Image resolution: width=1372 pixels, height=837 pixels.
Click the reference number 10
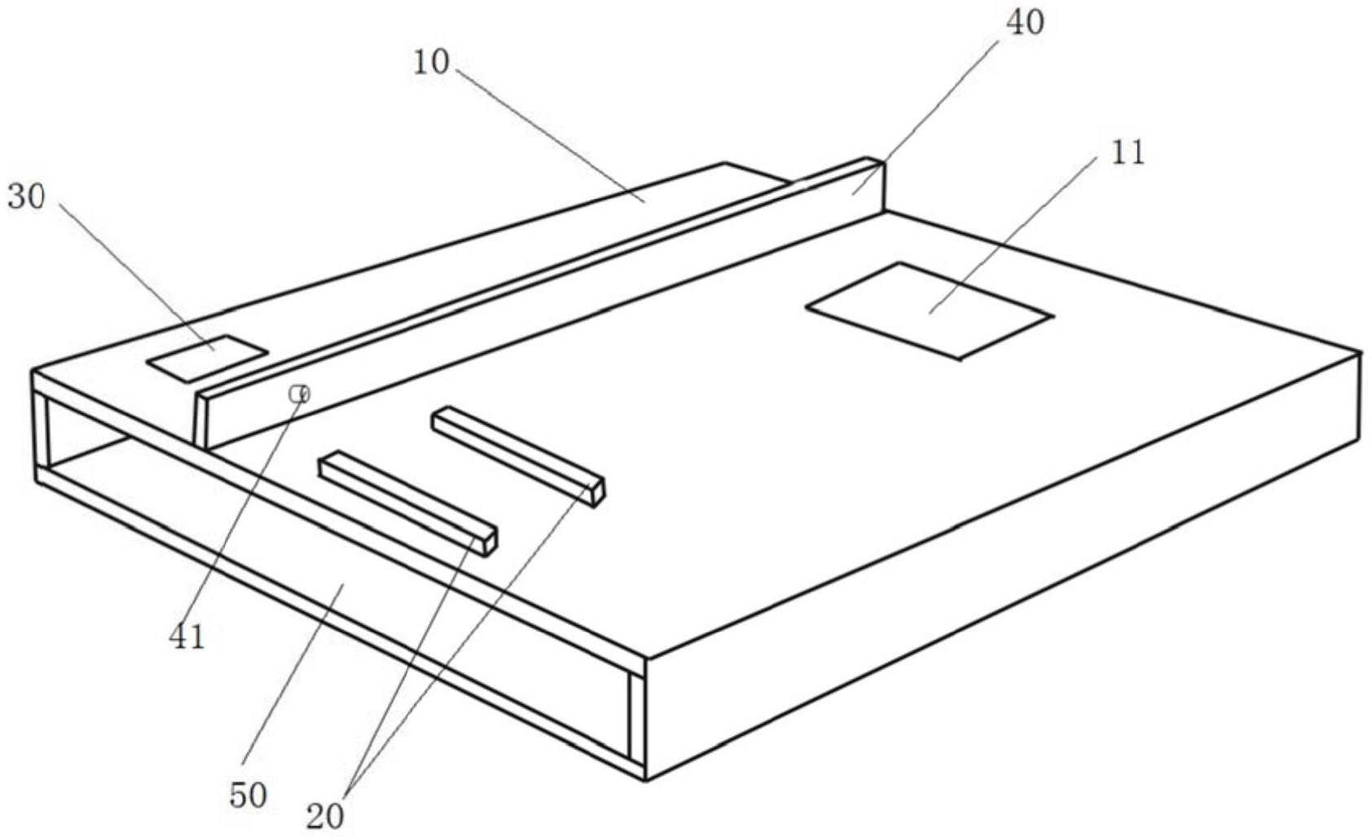(430, 62)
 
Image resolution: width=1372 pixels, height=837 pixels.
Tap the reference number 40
(1024, 23)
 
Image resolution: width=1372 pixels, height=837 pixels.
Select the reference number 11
(1128, 152)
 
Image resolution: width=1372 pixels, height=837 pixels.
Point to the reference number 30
(26, 196)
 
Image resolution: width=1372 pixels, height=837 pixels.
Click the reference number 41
(187, 636)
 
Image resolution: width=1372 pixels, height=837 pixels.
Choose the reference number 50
(248, 795)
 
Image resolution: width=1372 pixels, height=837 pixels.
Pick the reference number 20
(325, 815)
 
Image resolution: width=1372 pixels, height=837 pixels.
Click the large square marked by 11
(929, 310)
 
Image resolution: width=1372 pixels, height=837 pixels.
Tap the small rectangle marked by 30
(207, 357)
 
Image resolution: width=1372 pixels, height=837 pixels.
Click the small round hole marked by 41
(299, 394)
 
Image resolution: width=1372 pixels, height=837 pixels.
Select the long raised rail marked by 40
(538, 306)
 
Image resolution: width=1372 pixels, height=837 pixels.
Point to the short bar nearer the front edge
(407, 502)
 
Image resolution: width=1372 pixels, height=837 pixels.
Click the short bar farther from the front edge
(518, 453)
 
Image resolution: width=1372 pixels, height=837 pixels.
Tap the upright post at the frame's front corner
(636, 717)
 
